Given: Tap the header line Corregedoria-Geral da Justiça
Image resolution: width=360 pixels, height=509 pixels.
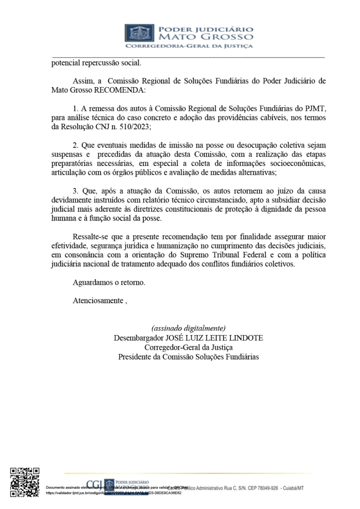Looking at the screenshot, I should [x=188, y=46].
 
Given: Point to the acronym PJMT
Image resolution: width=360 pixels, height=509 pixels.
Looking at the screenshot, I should [x=314, y=108].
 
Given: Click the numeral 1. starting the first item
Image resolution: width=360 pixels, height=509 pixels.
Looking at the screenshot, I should [x=76, y=108].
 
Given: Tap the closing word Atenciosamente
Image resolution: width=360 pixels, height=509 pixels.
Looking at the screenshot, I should [x=98, y=301].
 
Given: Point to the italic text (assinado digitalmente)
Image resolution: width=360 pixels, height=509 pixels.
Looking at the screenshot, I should [x=188, y=328].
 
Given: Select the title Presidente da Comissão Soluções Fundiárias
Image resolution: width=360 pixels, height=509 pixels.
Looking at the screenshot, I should [x=188, y=357].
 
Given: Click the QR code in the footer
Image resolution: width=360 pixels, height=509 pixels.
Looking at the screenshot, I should [x=25, y=482].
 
